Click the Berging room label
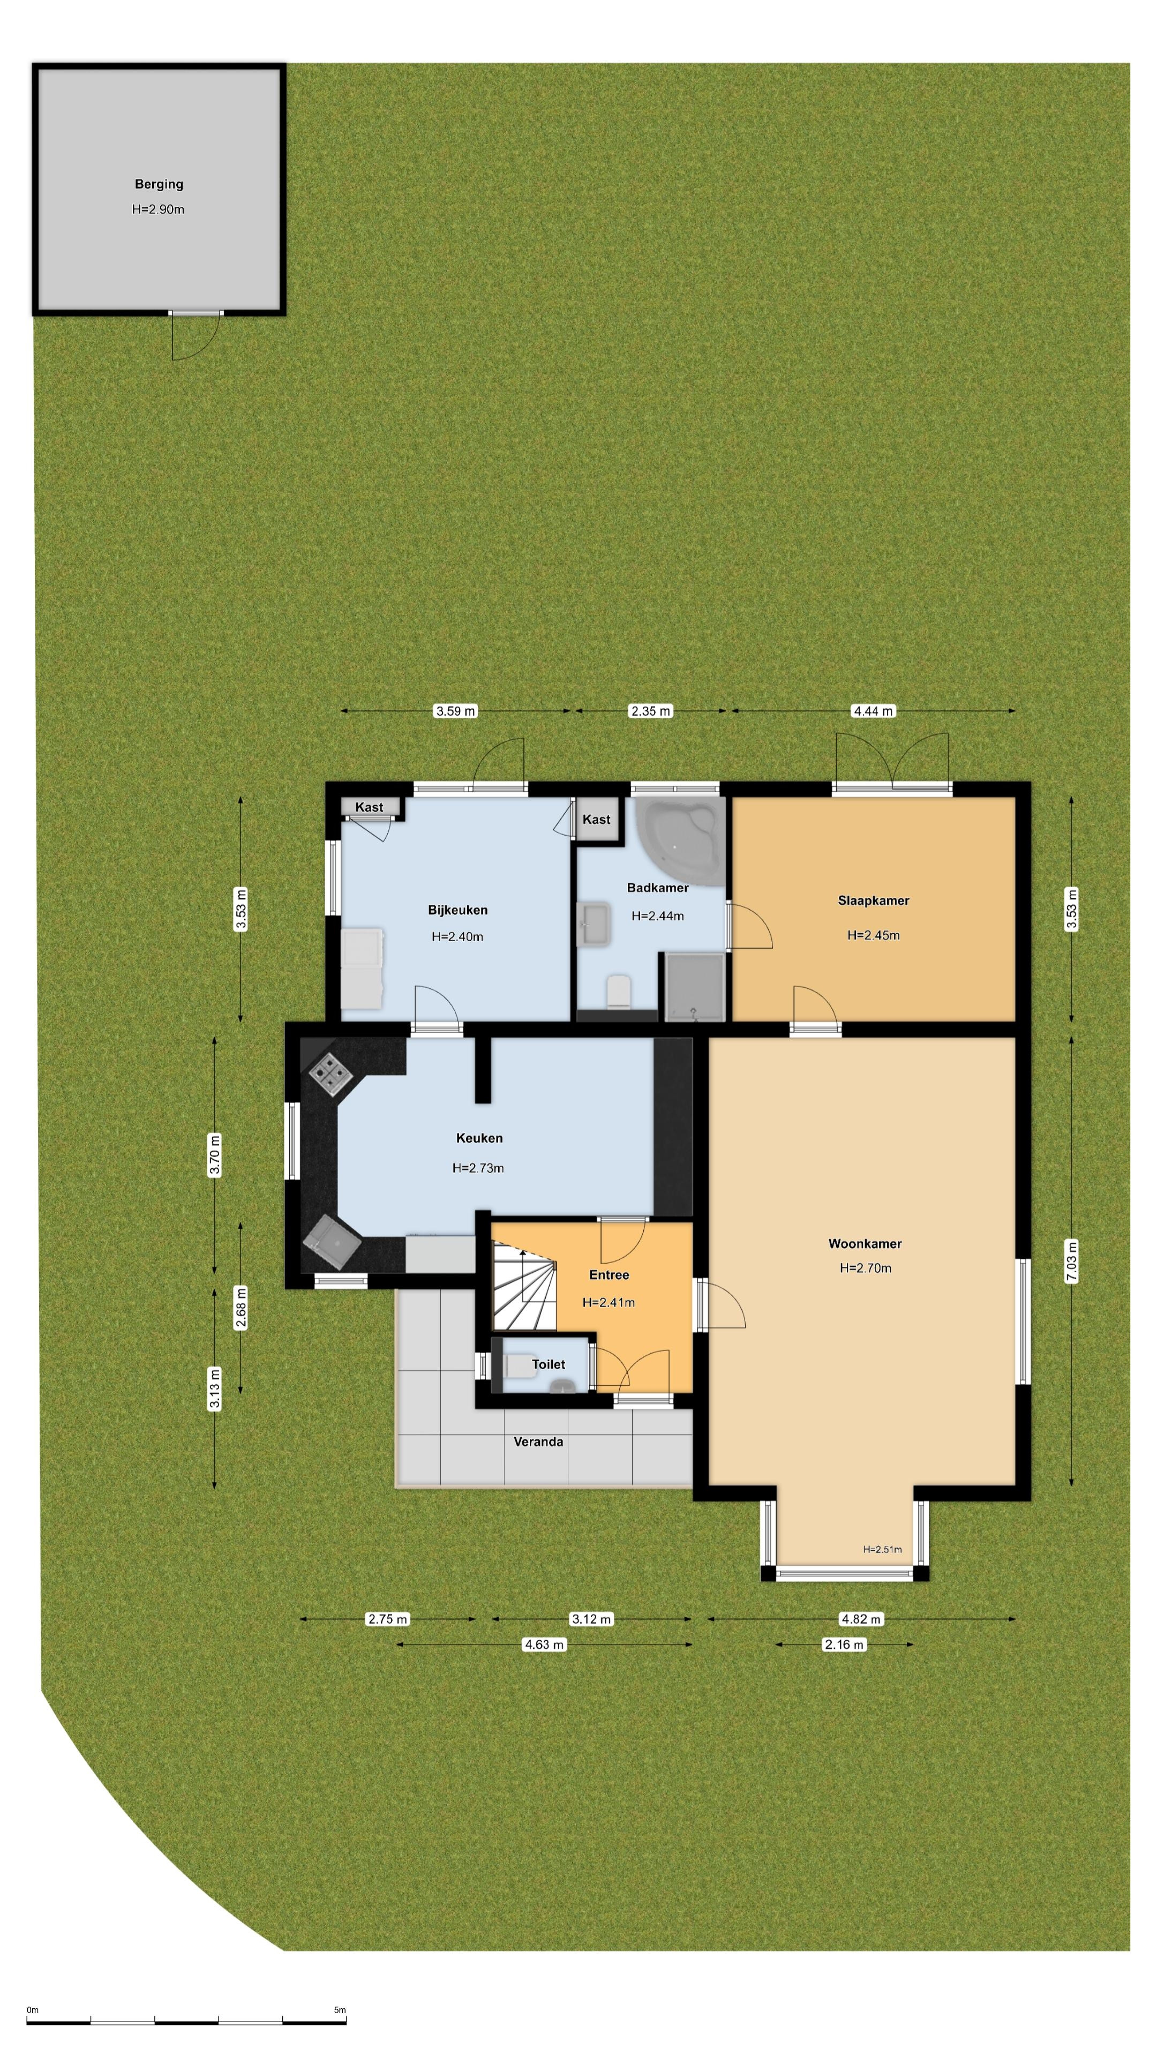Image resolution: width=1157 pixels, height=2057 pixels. click(x=159, y=184)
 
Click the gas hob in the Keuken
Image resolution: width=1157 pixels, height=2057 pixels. click(x=330, y=1074)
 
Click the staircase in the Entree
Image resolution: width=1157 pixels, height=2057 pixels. click(x=523, y=1285)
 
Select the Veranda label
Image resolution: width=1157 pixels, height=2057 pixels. click(x=538, y=1442)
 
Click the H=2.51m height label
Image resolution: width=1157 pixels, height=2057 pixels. click(x=882, y=1549)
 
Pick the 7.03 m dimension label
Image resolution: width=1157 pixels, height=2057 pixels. click(x=1071, y=1262)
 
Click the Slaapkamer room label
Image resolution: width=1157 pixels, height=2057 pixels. click(x=874, y=900)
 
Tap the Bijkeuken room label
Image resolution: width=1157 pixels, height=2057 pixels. click(x=457, y=910)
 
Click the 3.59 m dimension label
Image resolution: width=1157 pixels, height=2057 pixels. click(x=455, y=711)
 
